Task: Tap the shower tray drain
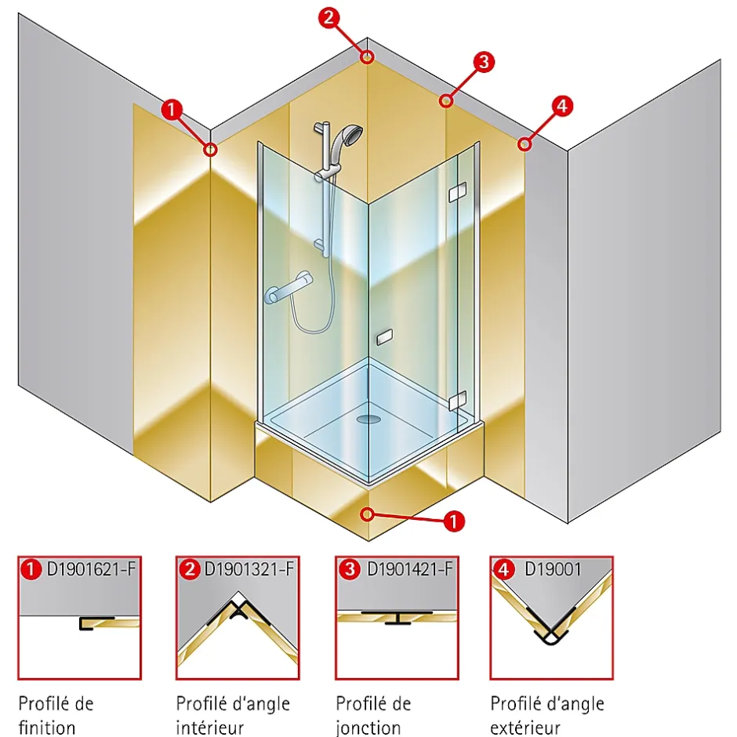(368, 419)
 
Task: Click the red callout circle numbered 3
(484, 62)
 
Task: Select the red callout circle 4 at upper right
(561, 105)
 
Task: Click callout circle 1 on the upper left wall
(172, 110)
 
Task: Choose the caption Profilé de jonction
(373, 715)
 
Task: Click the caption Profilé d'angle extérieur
(546, 715)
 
